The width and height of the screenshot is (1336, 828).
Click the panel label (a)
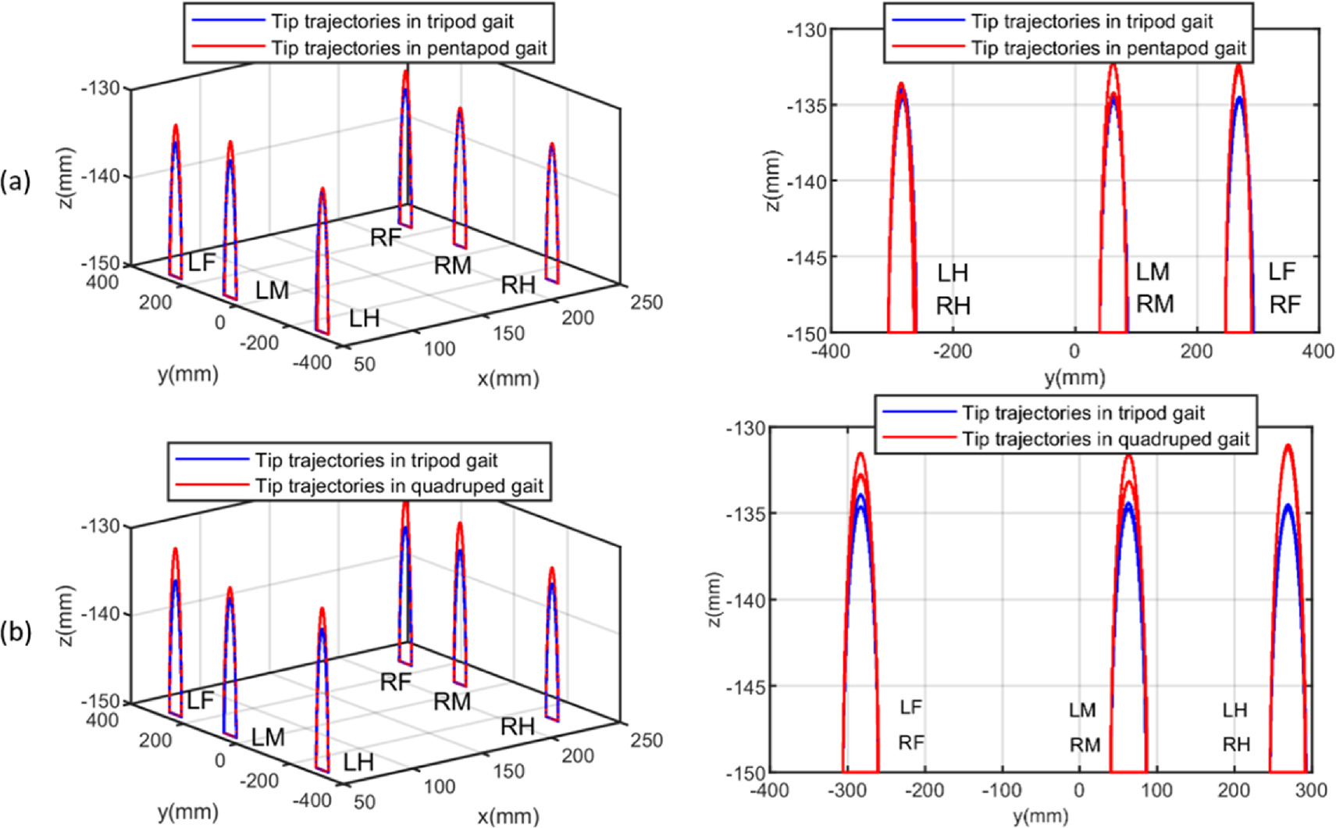coord(15,181)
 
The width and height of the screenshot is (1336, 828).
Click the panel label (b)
coord(16,632)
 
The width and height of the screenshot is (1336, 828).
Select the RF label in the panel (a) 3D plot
coord(386,237)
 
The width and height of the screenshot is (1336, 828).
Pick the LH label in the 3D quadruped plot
coord(358,762)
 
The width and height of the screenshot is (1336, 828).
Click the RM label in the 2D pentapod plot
coord(1155,304)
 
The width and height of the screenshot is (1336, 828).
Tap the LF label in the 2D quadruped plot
coord(910,707)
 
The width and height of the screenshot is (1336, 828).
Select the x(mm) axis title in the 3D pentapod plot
coord(508,379)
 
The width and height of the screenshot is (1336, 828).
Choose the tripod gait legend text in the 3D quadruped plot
coord(376,460)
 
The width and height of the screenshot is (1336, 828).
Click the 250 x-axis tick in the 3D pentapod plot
coord(647,302)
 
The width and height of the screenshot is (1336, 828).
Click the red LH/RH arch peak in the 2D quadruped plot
coord(1287,446)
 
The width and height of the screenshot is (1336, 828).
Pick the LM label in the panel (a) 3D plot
coord(272,291)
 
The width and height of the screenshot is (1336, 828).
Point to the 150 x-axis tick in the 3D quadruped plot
coord(508,771)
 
